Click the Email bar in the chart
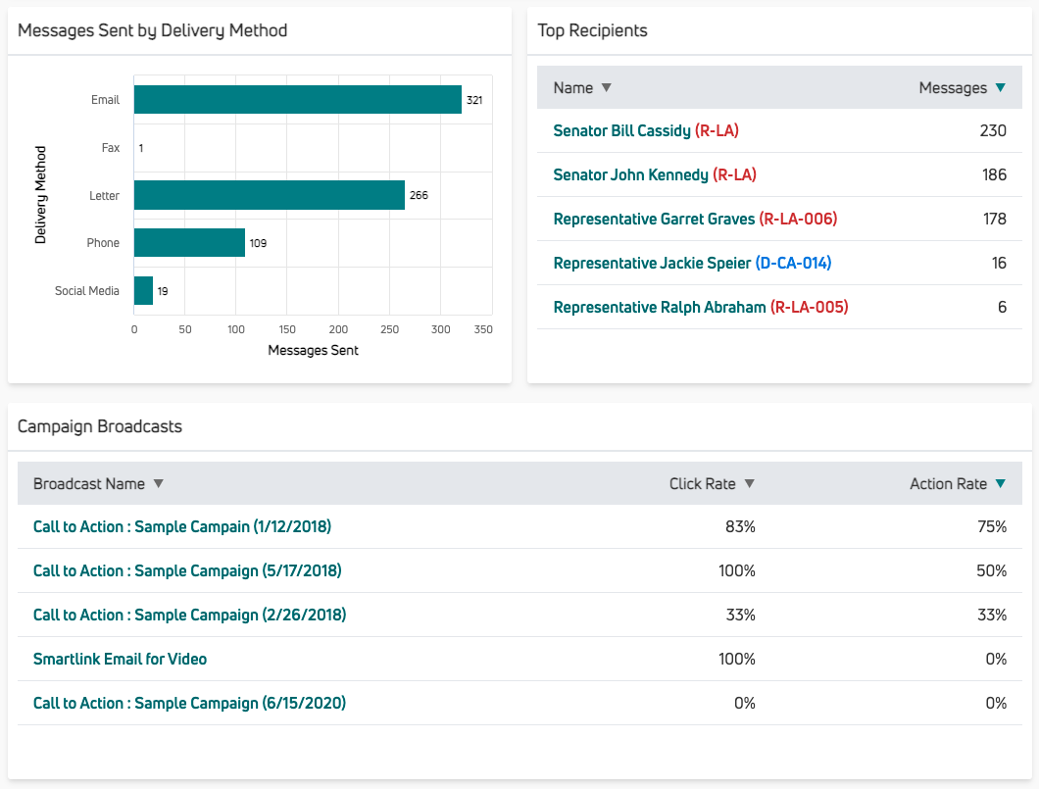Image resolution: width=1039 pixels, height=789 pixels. coord(297,100)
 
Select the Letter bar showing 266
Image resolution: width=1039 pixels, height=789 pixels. coord(270,195)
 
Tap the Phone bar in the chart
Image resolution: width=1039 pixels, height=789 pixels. coord(189,243)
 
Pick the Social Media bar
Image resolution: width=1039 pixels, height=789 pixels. coord(143,291)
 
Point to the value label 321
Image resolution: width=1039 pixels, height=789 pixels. coord(474,101)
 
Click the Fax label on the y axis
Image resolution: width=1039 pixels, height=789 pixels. coord(111,148)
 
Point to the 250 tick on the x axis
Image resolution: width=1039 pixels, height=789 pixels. coord(389,330)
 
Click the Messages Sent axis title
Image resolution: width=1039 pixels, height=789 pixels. coord(313,350)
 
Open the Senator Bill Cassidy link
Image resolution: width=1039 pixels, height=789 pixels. coord(621,130)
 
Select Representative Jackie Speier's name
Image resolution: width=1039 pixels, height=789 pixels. coord(652,263)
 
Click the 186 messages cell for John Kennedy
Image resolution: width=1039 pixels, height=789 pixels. coord(994,174)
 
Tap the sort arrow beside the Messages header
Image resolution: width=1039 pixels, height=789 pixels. coord(1000,88)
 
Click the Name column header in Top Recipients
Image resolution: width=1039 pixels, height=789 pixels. coord(573,88)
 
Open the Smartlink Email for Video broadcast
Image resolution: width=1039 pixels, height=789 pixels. coord(120,659)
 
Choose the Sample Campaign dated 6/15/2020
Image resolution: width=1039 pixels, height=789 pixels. coord(189,703)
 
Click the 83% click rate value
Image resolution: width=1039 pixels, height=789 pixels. coord(740,526)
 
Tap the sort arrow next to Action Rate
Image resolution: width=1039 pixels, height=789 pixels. coord(1000,484)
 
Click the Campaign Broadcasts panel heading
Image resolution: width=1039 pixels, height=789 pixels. coord(100,426)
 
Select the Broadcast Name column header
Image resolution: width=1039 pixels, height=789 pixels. coord(89,484)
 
